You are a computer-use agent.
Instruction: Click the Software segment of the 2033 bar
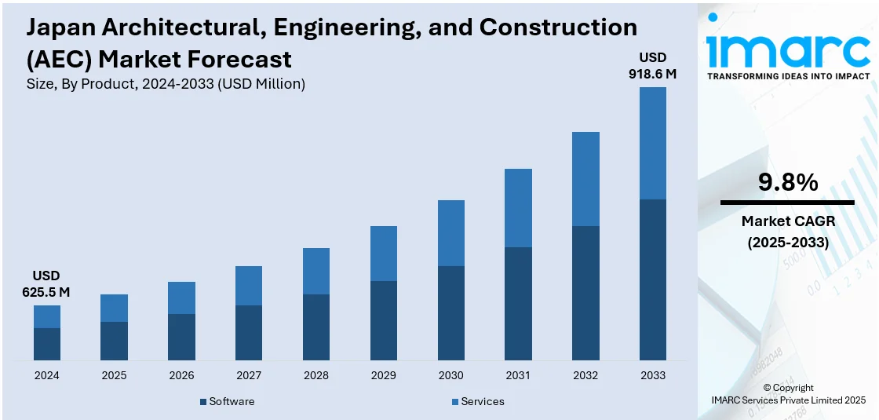coord(653,279)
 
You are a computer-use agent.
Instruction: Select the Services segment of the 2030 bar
coord(450,233)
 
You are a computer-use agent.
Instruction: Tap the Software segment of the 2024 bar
coord(47,344)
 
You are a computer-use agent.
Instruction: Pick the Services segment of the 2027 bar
coord(249,286)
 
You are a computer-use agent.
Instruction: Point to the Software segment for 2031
coord(518,304)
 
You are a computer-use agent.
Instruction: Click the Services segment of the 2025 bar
coord(114,308)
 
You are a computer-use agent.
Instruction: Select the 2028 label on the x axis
coord(316,375)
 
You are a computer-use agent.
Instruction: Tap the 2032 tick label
coord(585,375)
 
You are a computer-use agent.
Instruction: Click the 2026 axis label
coord(181,375)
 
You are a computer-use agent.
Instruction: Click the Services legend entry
coord(482,401)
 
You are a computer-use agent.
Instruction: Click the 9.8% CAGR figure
coord(787,183)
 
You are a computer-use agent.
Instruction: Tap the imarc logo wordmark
coord(787,50)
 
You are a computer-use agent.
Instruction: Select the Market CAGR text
coord(787,221)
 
